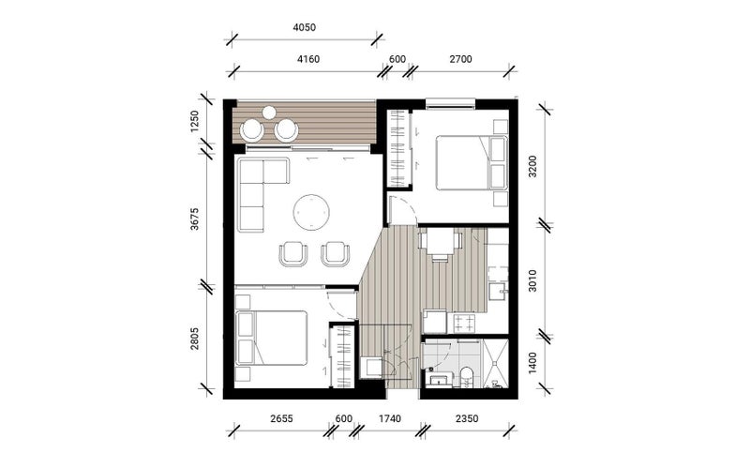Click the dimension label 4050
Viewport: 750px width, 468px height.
304,28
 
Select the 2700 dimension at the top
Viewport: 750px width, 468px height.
460,59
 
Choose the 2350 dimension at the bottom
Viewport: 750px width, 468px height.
465,417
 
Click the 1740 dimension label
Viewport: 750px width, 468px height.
386,417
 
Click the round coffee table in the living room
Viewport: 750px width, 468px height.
311,211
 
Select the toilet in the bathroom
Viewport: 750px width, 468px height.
466,377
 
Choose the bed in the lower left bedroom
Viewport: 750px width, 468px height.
272,338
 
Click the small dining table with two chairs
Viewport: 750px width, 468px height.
440,242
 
